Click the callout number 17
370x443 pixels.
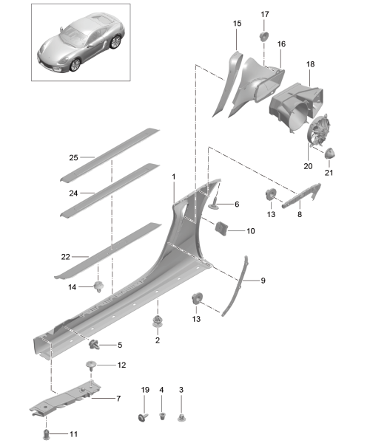click(265, 14)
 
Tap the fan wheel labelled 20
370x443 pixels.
click(319, 131)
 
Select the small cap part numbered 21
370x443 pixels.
click(329, 153)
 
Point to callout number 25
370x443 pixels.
click(73, 157)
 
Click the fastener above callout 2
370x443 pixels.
click(158, 321)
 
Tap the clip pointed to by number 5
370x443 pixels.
click(94, 345)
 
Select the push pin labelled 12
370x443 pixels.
click(91, 365)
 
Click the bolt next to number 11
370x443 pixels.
click(46, 433)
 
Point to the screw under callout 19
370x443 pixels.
click(143, 417)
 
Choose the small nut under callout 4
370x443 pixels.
click(162, 416)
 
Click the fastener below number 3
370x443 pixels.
click(181, 417)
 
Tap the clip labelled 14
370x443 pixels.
click(98, 286)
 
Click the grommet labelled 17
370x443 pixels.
click(264, 37)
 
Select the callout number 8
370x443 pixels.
click(300, 214)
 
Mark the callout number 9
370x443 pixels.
click(263, 281)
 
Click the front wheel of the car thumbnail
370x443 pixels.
click(75, 65)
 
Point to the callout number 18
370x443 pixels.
click(310, 64)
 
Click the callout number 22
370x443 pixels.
click(65, 256)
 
